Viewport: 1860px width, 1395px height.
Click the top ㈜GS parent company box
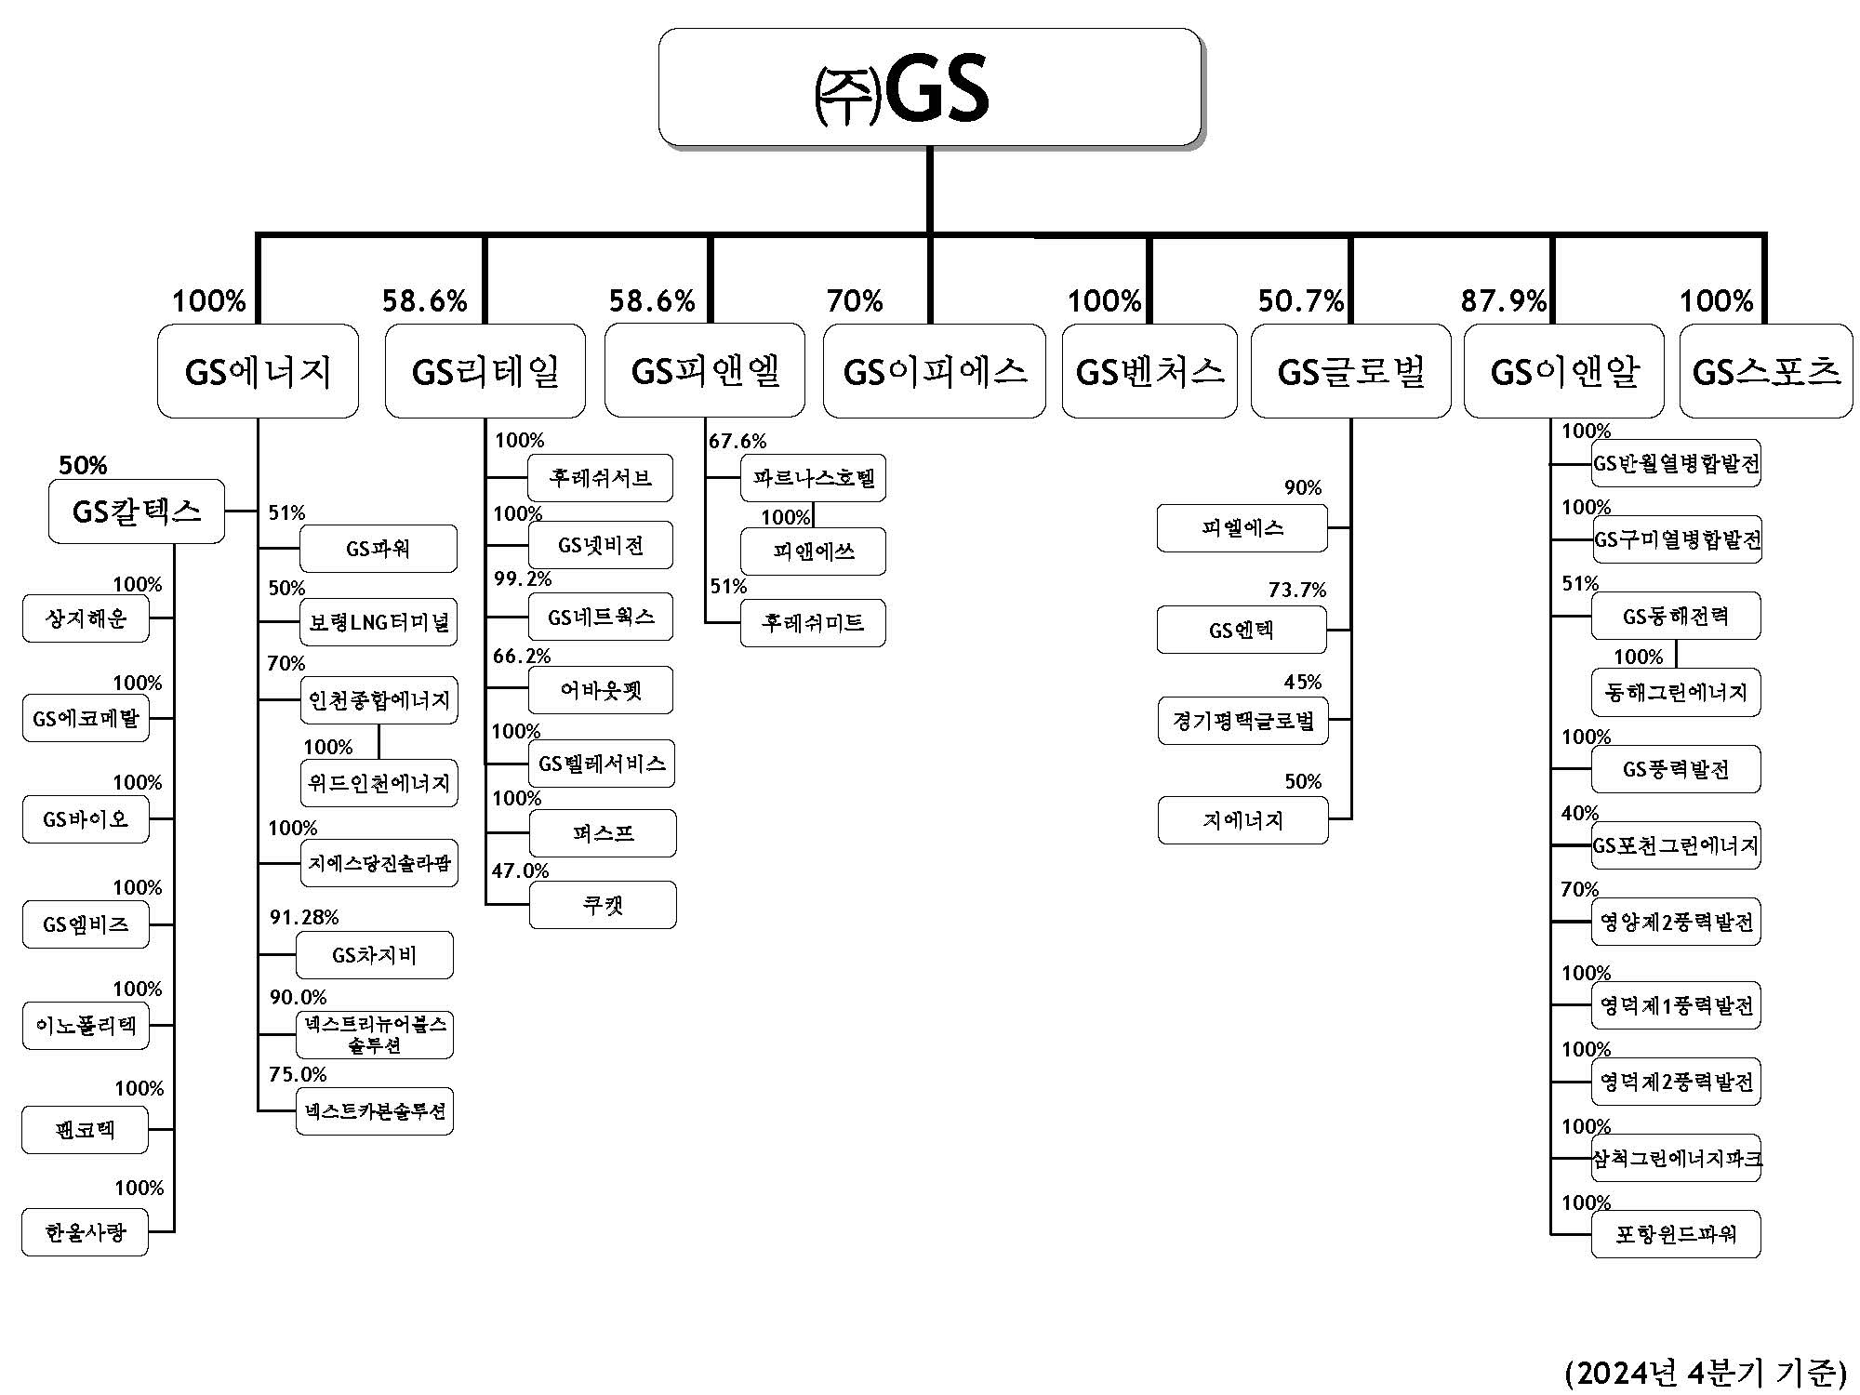[x=929, y=87]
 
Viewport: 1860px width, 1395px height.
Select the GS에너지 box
[x=258, y=371]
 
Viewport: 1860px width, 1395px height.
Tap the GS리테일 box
[x=485, y=371]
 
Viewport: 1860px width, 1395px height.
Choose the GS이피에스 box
[x=934, y=371]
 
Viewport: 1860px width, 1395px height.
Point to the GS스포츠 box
[x=1765, y=371]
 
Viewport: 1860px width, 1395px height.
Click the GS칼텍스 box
[x=136, y=511]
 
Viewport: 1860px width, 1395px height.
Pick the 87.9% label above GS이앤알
[x=1503, y=300]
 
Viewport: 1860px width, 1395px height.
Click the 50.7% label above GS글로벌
[x=1300, y=300]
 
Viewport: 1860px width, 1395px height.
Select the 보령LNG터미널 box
[x=379, y=622]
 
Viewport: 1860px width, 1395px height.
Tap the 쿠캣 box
[x=603, y=905]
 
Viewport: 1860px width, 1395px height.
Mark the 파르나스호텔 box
[x=813, y=478]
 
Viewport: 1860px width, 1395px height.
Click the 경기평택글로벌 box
[x=1242, y=721]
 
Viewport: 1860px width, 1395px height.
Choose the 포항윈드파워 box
[x=1675, y=1234]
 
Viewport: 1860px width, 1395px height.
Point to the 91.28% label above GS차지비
[x=304, y=918]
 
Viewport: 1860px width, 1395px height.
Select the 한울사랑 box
[x=85, y=1232]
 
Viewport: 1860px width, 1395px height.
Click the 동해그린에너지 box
[x=1675, y=693]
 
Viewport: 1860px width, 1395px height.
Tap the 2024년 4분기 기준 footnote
[x=1705, y=1372]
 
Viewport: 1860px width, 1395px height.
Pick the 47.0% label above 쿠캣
[x=520, y=870]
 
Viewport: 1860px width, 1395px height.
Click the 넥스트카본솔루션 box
[x=375, y=1110]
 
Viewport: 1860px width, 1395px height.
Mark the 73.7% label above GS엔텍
[x=1296, y=590]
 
